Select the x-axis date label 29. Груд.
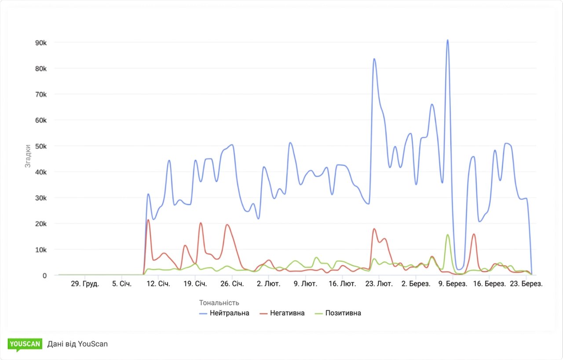(x=85, y=284)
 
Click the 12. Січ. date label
(x=158, y=284)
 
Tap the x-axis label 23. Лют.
(x=379, y=284)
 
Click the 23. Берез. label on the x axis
(x=526, y=284)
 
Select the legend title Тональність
(x=219, y=302)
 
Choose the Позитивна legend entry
(x=338, y=313)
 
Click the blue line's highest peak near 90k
(x=447, y=40)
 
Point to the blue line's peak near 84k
(x=374, y=59)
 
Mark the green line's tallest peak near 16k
(x=447, y=235)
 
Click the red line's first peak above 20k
(x=148, y=220)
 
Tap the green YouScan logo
(x=25, y=344)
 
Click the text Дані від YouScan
(x=77, y=344)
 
